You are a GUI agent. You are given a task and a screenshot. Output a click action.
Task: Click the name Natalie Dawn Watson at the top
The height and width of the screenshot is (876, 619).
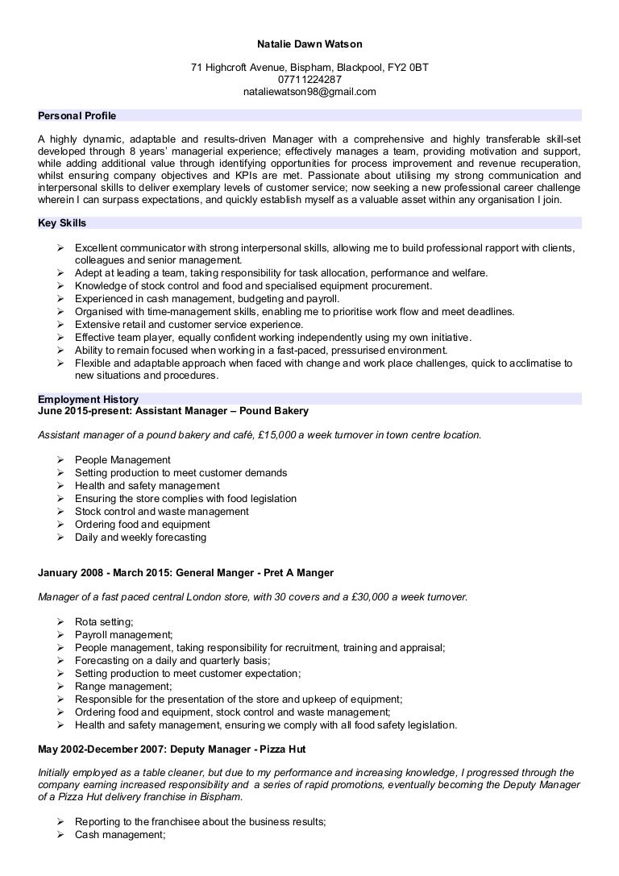[x=309, y=44]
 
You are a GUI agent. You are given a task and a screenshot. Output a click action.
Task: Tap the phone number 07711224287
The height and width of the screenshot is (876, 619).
[x=309, y=80]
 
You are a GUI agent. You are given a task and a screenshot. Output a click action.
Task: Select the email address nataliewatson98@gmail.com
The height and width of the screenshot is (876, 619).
[x=309, y=92]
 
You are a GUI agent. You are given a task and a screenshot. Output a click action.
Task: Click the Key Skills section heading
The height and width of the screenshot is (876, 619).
[x=62, y=222]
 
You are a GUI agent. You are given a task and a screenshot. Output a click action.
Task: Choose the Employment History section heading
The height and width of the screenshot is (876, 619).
[x=88, y=399]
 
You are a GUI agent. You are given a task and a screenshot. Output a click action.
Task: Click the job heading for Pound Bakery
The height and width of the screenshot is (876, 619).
[x=173, y=411]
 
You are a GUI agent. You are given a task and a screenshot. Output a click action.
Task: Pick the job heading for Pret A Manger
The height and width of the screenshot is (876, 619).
[x=185, y=573]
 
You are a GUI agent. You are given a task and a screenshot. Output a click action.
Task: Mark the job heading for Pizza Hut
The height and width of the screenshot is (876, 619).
[x=172, y=749]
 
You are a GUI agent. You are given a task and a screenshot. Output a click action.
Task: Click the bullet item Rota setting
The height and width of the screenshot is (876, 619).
[x=104, y=621]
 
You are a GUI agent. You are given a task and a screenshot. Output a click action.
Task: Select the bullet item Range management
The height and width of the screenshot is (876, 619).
[x=112, y=686]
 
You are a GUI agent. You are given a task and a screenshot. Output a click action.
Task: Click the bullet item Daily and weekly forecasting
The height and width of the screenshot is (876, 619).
[x=140, y=537]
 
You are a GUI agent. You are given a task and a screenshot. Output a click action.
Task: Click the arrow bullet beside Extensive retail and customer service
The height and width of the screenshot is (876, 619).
[x=60, y=325]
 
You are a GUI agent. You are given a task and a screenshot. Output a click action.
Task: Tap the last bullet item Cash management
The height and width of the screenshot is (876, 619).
[x=119, y=836]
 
